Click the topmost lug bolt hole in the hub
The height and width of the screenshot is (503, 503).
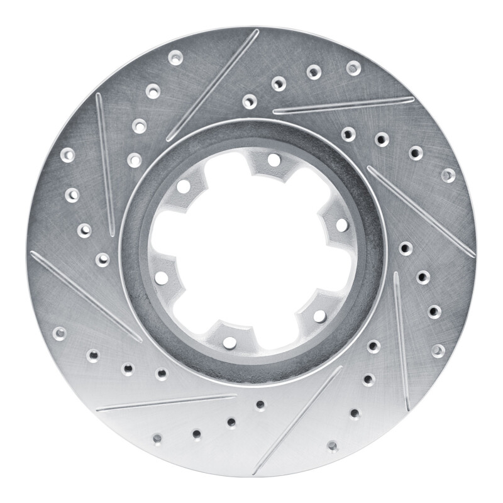pos(274,160)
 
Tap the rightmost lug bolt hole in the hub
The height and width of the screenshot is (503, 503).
pos(341,225)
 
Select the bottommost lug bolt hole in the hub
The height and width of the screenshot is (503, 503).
pos(229,343)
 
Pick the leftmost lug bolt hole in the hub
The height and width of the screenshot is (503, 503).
pos(162,277)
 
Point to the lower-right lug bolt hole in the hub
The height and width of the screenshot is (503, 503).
pos(319,316)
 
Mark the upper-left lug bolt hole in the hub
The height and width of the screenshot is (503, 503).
pos(184,187)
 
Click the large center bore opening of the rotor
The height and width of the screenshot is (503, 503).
pos(251,251)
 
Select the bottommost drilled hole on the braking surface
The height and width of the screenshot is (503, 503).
pos(332,446)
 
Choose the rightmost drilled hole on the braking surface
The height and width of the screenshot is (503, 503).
pos(448,175)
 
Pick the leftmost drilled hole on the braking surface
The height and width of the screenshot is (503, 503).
pos(59,333)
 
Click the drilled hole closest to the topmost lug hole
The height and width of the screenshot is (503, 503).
pos(250,101)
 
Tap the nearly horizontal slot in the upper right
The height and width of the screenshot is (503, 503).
pos(343,105)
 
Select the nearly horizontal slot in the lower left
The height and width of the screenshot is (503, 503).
pos(166,402)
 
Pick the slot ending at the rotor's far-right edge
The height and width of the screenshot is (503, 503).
pos(421,211)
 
